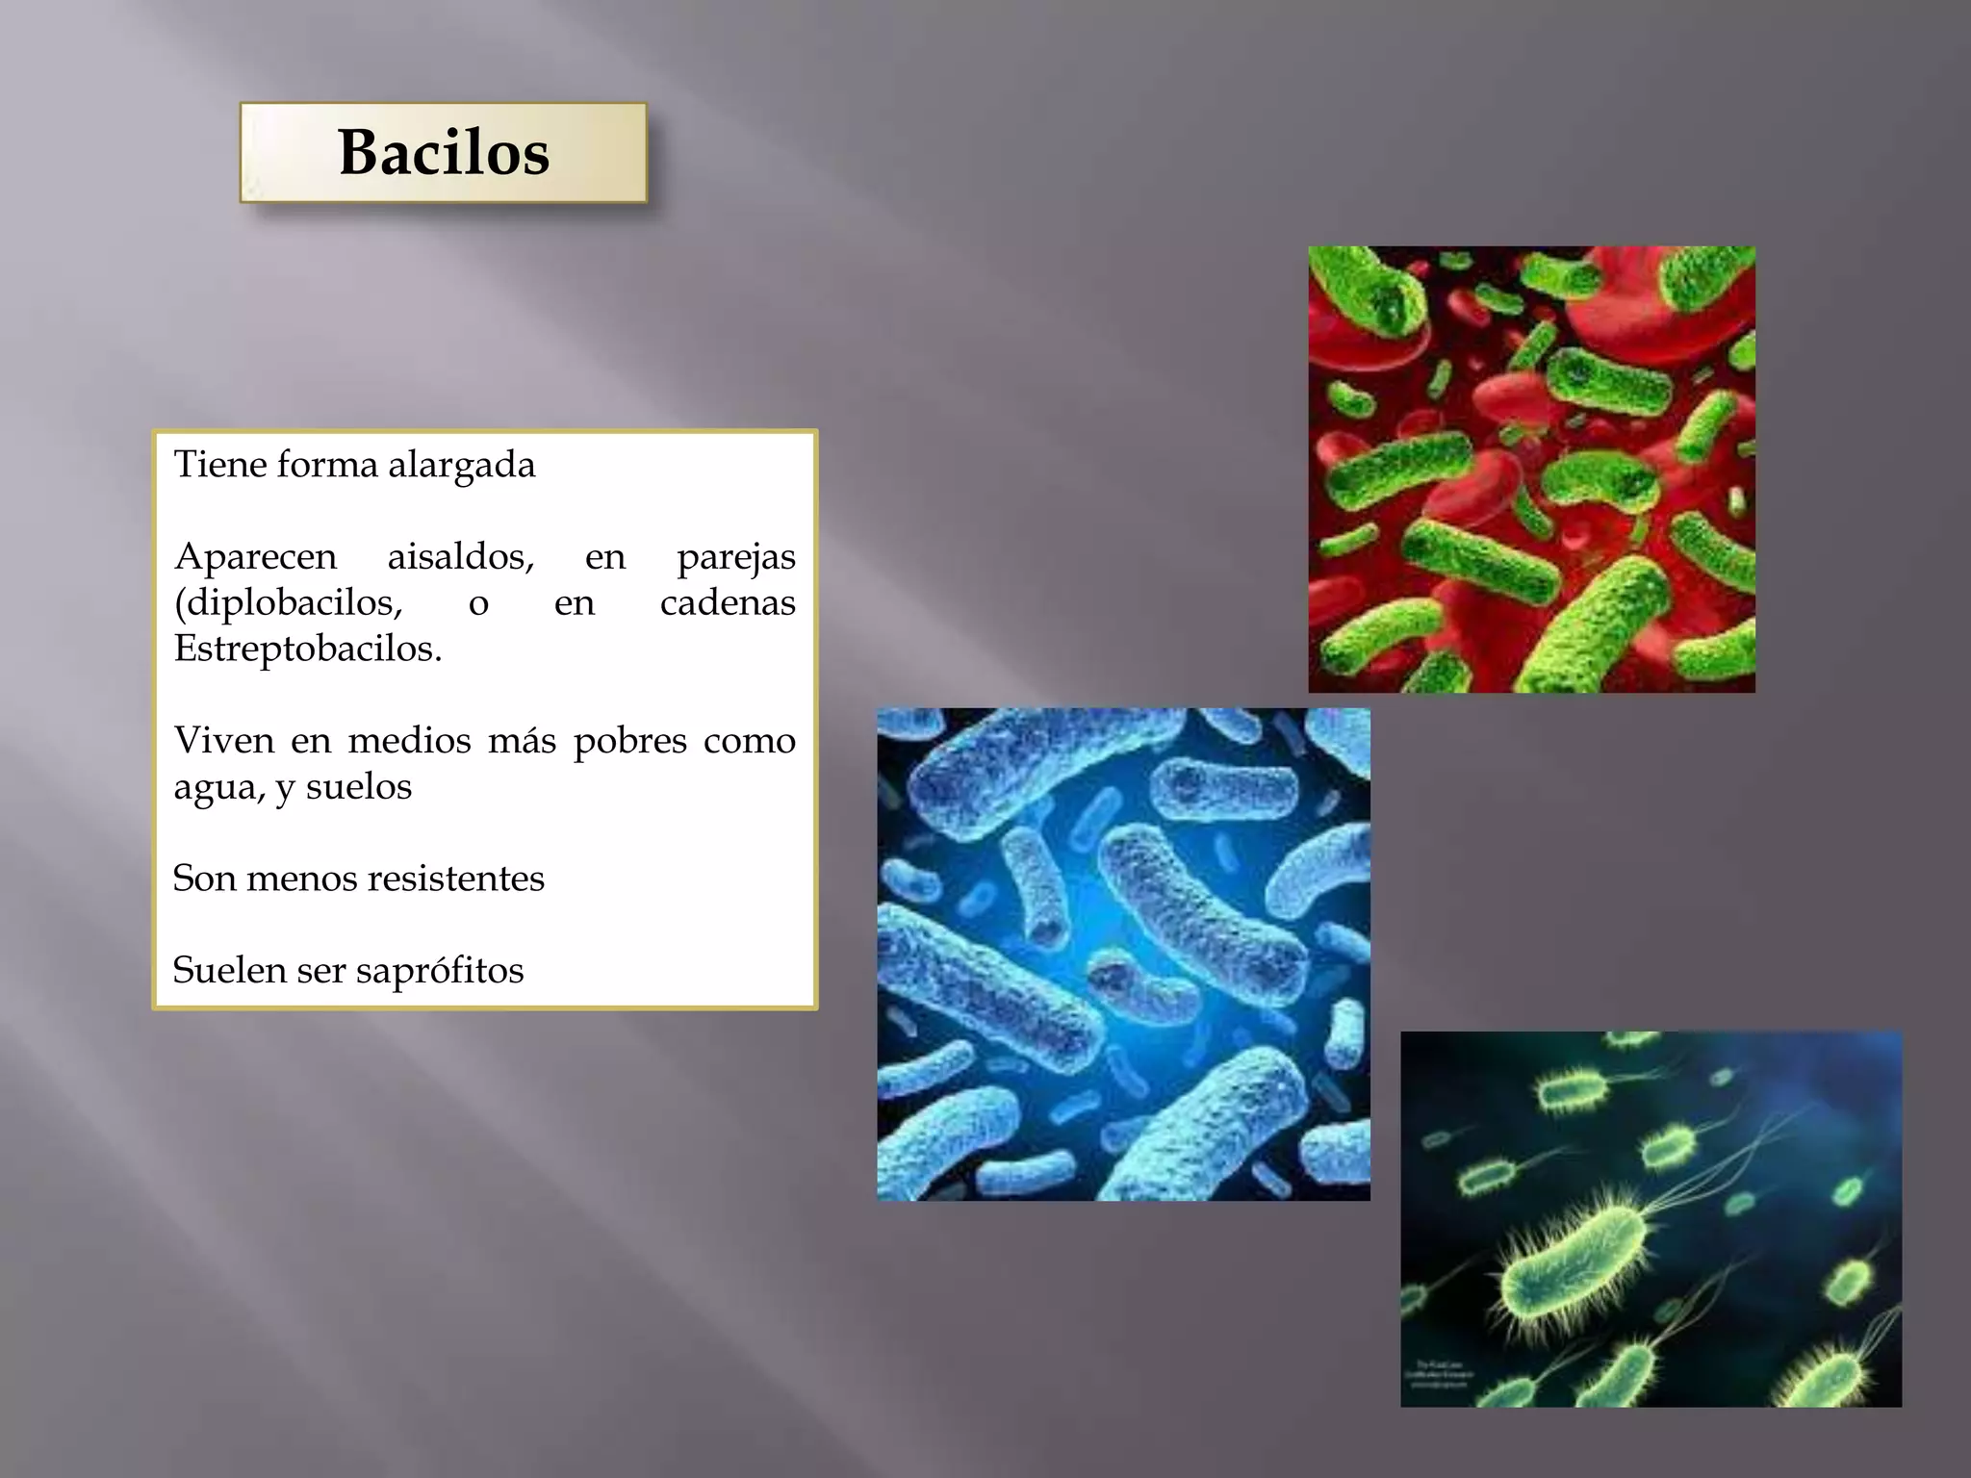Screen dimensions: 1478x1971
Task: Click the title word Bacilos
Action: point(444,153)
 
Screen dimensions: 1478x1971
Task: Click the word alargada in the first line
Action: point(461,466)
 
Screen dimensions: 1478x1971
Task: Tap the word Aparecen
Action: point(255,556)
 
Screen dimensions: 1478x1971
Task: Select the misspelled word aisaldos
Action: point(460,556)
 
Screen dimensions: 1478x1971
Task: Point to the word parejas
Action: point(736,558)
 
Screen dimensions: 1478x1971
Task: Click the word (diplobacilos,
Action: point(288,603)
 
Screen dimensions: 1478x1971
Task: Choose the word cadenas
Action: point(728,602)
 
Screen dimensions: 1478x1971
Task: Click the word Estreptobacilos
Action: point(307,649)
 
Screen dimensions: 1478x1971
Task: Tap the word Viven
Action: point(223,740)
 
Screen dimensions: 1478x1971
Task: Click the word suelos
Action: point(358,787)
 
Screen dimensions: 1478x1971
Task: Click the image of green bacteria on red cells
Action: point(1531,470)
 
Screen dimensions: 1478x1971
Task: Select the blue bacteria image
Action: point(1123,955)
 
